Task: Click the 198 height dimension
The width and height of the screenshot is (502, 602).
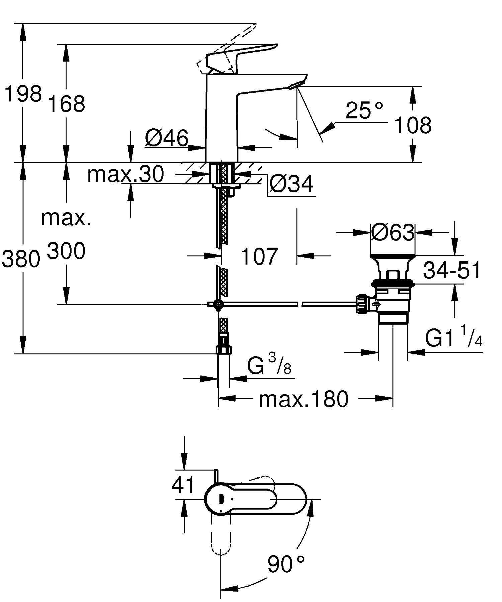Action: [23, 94]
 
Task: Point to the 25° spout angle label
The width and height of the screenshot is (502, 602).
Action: [364, 110]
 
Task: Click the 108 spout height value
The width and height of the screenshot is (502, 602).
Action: [413, 125]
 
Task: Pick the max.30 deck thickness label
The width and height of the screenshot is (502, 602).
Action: [125, 174]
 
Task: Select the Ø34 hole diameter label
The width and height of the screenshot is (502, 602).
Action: [291, 184]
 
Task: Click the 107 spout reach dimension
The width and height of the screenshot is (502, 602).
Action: [259, 256]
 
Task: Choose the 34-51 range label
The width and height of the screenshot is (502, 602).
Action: [452, 271]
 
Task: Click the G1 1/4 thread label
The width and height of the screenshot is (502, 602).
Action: [453, 339]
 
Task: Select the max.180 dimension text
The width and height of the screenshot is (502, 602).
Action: [303, 399]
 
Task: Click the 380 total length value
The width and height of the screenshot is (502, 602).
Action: [21, 259]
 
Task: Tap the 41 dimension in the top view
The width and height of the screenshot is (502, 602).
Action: [183, 485]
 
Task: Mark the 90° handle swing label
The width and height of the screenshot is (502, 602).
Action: [286, 565]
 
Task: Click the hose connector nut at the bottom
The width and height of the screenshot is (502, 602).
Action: [223, 349]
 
